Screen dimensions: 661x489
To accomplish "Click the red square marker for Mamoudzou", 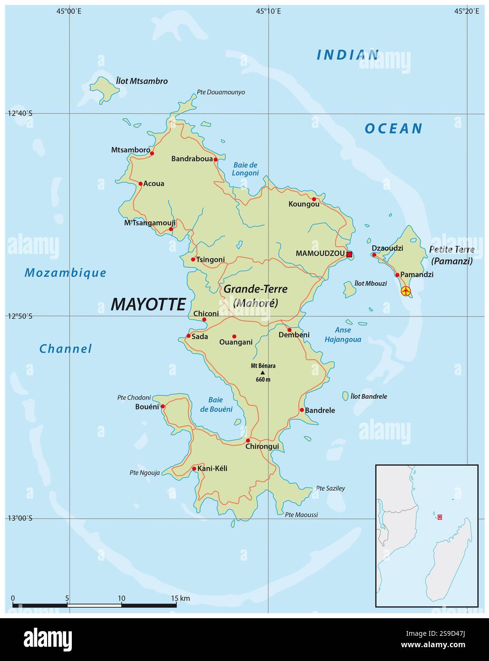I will tap(349, 254).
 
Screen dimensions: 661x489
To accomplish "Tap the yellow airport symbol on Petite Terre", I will tap(405, 291).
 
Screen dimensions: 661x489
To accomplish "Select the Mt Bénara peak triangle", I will tap(263, 372).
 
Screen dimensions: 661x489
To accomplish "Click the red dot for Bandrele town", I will tap(302, 410).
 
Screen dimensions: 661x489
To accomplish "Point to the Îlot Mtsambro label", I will tap(142, 81).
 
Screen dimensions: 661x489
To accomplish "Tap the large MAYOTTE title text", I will tap(148, 304).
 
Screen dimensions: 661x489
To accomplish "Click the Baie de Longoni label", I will tap(245, 169).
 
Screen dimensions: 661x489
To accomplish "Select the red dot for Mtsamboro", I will tap(152, 153).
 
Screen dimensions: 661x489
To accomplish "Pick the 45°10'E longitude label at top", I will tap(268, 11).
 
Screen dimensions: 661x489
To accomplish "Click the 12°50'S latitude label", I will tap(20, 316).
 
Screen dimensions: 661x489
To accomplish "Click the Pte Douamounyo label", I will tap(221, 92).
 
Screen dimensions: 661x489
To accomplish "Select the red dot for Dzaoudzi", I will tap(374, 255).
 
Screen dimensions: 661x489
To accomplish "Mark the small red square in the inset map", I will tap(440, 517).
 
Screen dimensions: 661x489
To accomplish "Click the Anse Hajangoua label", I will tap(342, 335).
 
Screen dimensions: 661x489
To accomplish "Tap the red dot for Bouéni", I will tap(163, 407).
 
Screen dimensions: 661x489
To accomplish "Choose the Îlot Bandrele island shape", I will tap(345, 396).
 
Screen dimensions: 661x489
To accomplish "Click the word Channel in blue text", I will tap(65, 349).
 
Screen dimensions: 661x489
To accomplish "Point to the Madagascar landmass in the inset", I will tap(450, 561).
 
